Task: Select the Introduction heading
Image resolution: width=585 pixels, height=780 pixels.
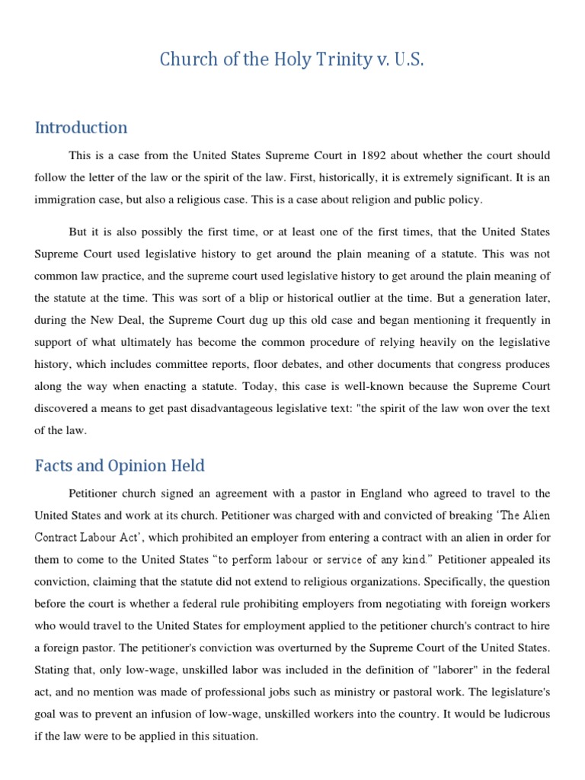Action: coord(81,127)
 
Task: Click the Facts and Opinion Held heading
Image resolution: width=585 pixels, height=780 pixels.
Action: coord(120,465)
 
